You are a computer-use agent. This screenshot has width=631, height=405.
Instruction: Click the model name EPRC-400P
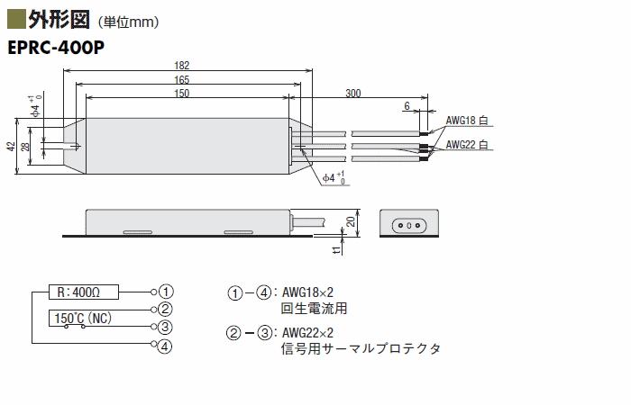coord(56,48)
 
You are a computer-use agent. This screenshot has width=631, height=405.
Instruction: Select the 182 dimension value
coord(181,65)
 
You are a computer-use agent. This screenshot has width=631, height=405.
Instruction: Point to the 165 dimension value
coord(181,79)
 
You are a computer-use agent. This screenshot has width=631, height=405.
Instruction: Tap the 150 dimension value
coord(181,94)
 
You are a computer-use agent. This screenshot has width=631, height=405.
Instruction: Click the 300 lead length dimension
coord(353,94)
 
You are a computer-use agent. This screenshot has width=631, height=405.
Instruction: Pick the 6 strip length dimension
coord(407,105)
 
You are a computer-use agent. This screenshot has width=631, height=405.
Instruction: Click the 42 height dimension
coord(11,146)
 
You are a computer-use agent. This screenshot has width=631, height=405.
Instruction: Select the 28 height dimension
coord(25,146)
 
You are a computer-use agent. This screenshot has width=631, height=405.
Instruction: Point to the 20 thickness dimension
coord(351,221)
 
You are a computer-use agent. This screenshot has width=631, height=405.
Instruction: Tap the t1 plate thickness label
coord(336,250)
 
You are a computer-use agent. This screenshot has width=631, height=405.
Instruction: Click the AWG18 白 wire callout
coord(467,120)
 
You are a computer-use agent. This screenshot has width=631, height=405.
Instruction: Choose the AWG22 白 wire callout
coord(467,144)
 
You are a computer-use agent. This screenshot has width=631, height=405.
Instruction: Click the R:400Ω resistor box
coord(84,292)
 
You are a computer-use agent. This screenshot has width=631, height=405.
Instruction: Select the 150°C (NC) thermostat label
coord(83,319)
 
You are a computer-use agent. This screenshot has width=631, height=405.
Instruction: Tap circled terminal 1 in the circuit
coord(166,292)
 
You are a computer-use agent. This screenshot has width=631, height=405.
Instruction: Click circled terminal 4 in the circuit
coord(165,346)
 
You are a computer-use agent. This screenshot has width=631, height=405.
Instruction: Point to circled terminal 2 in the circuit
coord(165,309)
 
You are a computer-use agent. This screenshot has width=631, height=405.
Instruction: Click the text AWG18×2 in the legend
coord(307,292)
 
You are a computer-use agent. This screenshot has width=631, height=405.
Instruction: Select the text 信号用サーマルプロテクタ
coord(361,348)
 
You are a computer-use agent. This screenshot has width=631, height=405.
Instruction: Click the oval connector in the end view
coord(409,225)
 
